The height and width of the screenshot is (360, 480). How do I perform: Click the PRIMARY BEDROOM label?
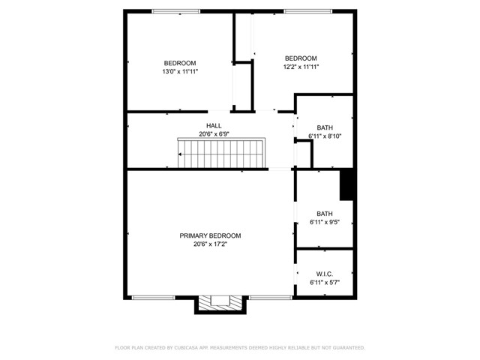(210, 235)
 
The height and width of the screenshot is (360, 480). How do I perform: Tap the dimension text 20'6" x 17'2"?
(210, 244)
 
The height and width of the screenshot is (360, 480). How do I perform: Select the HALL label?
(214, 125)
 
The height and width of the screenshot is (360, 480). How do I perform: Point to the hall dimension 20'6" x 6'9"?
(214, 134)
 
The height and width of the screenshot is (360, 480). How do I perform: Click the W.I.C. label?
(325, 274)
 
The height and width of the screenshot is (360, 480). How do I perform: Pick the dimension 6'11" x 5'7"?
(325, 283)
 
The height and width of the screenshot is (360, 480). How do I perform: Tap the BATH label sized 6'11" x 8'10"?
(325, 127)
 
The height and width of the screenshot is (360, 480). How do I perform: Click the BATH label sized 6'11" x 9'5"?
(325, 213)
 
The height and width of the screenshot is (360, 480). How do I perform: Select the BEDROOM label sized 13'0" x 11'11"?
(180, 63)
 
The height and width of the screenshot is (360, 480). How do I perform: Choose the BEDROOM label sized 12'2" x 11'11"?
(301, 58)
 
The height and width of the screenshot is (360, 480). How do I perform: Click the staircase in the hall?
(221, 153)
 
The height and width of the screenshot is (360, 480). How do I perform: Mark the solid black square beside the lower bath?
(347, 186)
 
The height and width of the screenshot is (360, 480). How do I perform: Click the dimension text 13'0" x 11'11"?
(180, 72)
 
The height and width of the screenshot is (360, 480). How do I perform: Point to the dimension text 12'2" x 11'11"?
(301, 67)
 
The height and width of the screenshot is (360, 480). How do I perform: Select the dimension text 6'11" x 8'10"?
(325, 136)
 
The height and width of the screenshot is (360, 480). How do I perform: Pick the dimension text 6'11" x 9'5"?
(325, 222)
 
